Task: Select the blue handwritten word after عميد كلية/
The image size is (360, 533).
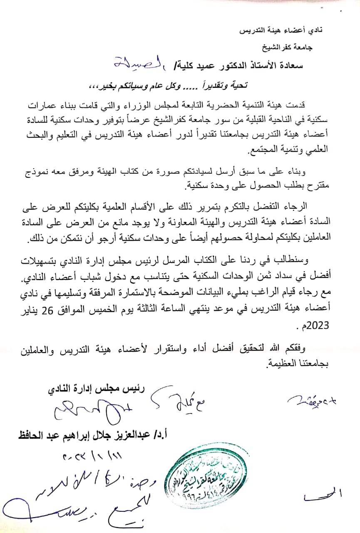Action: tap(128, 63)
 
